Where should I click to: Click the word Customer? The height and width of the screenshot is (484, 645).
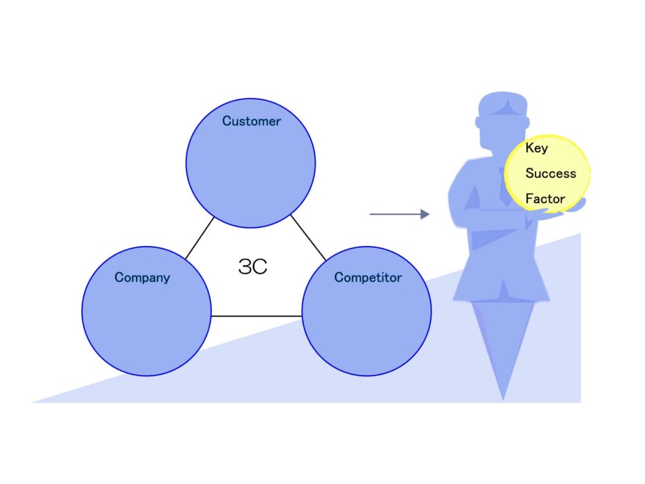pyautogui.click(x=252, y=121)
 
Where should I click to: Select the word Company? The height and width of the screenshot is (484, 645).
pyautogui.click(x=142, y=277)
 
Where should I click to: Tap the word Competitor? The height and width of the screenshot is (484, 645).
pyautogui.click(x=368, y=277)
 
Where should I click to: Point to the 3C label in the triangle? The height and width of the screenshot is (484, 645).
pyautogui.click(x=253, y=267)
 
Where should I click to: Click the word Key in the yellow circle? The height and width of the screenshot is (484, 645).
pyautogui.click(x=537, y=148)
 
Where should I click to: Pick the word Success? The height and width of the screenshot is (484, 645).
pyautogui.click(x=551, y=173)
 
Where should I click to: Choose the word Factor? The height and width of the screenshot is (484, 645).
pyautogui.click(x=545, y=199)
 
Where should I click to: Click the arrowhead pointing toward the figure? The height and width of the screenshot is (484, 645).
pyautogui.click(x=425, y=214)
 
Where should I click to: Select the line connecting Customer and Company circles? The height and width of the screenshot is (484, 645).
pyautogui.click(x=200, y=238)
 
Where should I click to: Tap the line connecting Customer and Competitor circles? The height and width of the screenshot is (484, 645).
pyautogui.click(x=308, y=237)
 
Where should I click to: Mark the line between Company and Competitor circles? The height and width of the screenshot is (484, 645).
pyautogui.click(x=256, y=316)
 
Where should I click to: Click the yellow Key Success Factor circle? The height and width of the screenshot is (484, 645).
pyautogui.click(x=547, y=173)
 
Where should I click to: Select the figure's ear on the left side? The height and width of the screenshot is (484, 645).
pyautogui.click(x=478, y=122)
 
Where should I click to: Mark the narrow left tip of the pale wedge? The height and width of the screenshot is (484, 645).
pyautogui.click(x=33, y=401)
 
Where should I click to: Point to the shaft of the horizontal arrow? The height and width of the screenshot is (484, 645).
pyautogui.click(x=395, y=214)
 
